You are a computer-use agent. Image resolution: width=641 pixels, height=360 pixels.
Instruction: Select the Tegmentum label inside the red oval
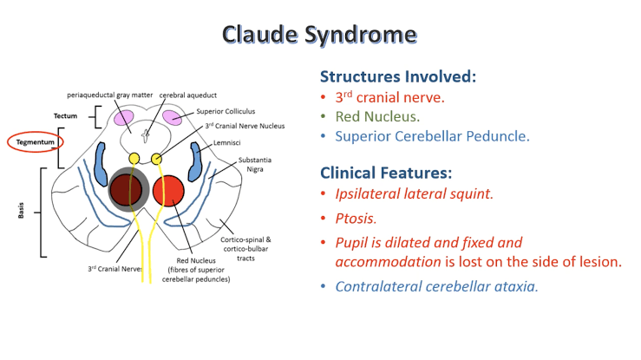pyautogui.click(x=30, y=141)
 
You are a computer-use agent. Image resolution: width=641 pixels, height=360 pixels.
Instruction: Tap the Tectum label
pyautogui.click(x=65, y=115)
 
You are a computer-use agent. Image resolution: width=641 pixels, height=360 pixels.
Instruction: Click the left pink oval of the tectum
pyautogui.click(x=125, y=117)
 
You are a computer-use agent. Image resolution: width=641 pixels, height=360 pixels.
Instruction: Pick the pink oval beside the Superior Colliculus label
pyautogui.click(x=172, y=117)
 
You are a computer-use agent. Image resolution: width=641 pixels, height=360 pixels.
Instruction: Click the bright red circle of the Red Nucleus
pyautogui.click(x=167, y=190)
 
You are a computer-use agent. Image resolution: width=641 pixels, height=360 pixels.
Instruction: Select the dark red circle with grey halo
pyautogui.click(x=126, y=190)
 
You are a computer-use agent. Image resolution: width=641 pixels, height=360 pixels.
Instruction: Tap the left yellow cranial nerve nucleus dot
pyautogui.click(x=134, y=159)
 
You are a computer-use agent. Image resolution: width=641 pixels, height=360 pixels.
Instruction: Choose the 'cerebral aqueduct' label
pyautogui.click(x=187, y=94)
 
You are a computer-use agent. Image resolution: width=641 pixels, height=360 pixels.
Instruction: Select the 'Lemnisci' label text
pyautogui.click(x=227, y=141)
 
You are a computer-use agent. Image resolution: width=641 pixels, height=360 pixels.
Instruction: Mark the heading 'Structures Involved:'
pyautogui.click(x=398, y=75)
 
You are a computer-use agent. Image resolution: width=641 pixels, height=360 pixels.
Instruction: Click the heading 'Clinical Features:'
pyautogui.click(x=385, y=172)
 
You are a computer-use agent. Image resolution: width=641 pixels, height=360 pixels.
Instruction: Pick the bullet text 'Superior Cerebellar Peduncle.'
pyautogui.click(x=432, y=135)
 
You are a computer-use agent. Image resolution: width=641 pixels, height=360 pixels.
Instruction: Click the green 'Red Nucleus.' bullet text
pyautogui.click(x=377, y=116)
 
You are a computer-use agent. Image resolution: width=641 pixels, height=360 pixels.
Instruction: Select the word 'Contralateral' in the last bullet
pyautogui.click(x=378, y=286)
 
